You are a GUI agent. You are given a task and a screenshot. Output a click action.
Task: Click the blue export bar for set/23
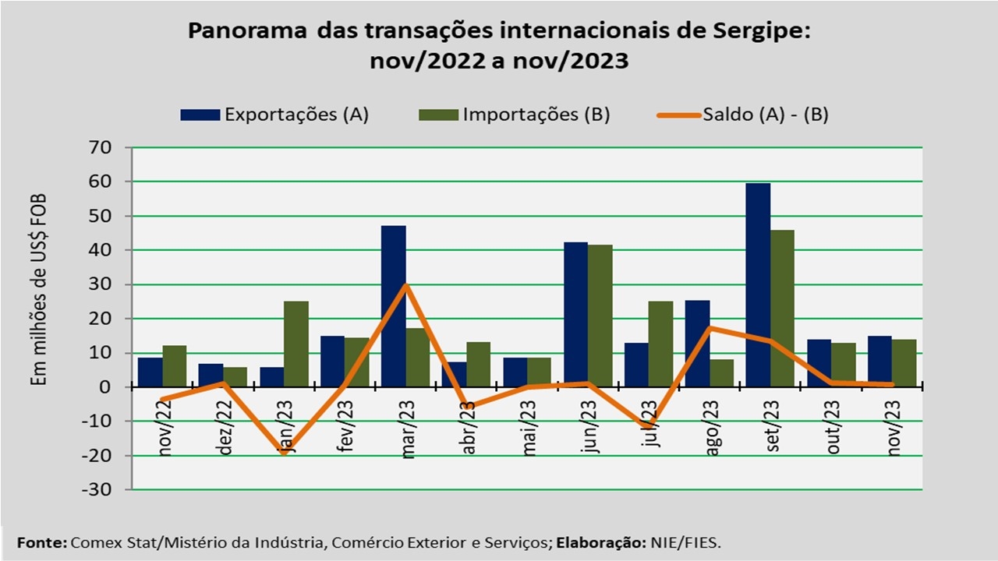758,284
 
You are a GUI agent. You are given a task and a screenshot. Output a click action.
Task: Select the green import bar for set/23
782,308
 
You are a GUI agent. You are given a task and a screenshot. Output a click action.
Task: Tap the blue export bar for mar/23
394,305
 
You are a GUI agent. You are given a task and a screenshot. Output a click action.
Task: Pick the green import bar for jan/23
296,343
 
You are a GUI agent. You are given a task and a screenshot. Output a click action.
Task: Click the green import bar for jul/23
661,343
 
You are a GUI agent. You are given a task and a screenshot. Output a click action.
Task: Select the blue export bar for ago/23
697,343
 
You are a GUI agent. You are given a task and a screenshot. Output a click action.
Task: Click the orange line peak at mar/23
406,285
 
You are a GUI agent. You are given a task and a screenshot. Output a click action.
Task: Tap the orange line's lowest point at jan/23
284,452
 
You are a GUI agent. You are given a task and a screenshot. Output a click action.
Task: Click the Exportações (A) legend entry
274,115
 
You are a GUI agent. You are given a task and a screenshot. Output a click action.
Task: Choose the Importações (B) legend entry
515,115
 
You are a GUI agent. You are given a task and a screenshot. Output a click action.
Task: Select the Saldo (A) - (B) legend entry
741,115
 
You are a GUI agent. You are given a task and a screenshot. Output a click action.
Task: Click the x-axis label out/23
832,425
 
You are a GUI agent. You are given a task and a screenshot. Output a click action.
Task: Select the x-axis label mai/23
528,425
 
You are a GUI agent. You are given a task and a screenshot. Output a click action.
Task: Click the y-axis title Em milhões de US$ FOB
39,288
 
